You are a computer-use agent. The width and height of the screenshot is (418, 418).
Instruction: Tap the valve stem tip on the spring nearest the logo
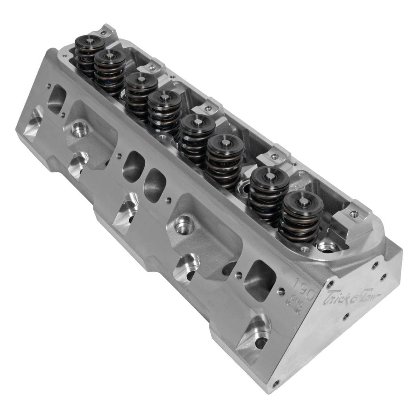coord(299,200)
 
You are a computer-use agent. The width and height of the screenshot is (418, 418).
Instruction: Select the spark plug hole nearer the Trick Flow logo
coord(182,224)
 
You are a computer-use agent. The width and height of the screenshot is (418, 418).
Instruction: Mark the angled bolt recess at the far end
coord(33,122)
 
